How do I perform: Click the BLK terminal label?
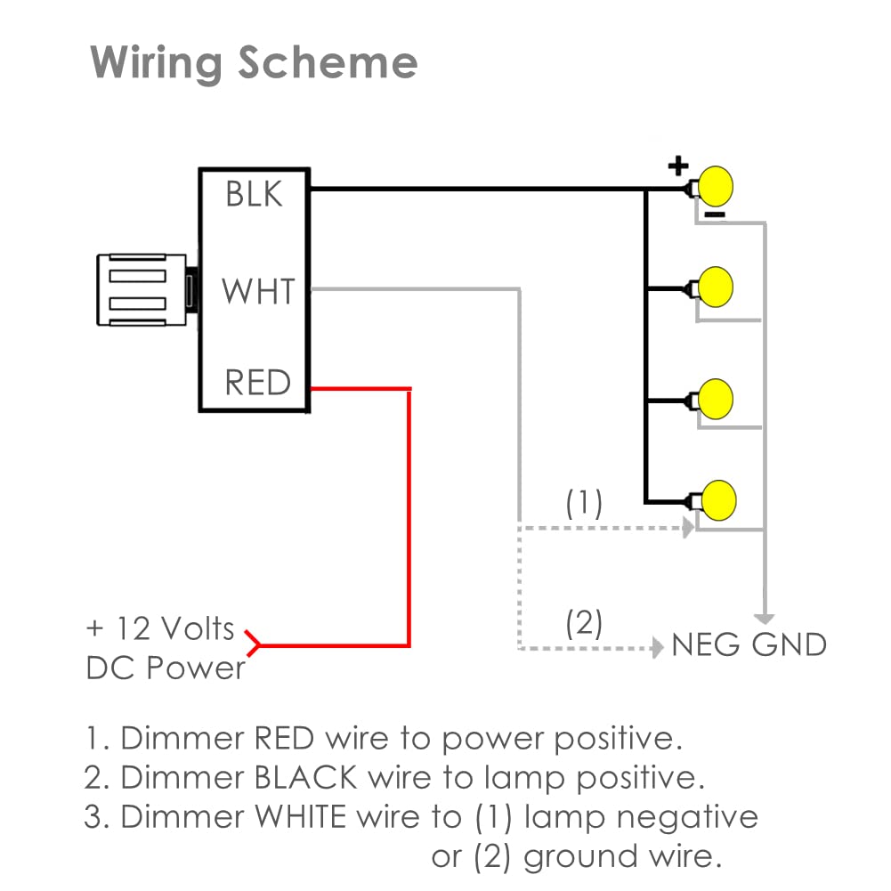pyautogui.click(x=254, y=194)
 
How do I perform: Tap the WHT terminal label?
pyautogui.click(x=258, y=291)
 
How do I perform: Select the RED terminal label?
pyautogui.click(x=257, y=382)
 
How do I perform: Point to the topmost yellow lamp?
pyautogui.click(x=716, y=186)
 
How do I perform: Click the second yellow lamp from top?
pyautogui.click(x=716, y=287)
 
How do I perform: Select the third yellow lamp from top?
pyautogui.click(x=716, y=399)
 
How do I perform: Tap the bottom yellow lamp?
pyautogui.click(x=719, y=500)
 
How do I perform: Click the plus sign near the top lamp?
pyautogui.click(x=678, y=166)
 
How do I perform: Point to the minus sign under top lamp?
pyautogui.click(x=715, y=215)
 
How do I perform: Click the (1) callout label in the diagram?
pyautogui.click(x=584, y=504)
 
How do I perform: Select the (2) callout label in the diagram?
pyautogui.click(x=584, y=623)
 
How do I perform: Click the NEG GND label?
pyautogui.click(x=749, y=645)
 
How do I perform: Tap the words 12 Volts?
pyautogui.click(x=175, y=629)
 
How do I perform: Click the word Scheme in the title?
pyautogui.click(x=328, y=62)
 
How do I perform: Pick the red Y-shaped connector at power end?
pyautogui.click(x=252, y=644)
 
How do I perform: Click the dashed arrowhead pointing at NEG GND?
pyautogui.click(x=658, y=647)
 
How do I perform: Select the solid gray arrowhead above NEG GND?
pyautogui.click(x=765, y=619)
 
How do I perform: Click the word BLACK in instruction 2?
pyautogui.click(x=305, y=777)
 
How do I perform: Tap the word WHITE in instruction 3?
pyautogui.click(x=301, y=816)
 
